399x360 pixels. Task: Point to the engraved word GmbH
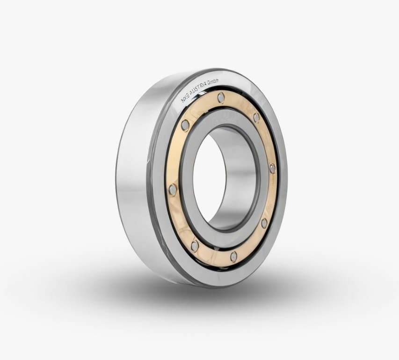(213, 84)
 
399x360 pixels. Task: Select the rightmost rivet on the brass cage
(272, 168)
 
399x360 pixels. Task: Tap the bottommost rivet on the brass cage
(233, 256)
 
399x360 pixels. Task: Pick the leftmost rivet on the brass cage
(173, 190)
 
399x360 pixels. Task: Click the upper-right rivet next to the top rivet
(256, 118)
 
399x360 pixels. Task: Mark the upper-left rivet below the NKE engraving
(185, 125)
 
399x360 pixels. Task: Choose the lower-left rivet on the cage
(195, 245)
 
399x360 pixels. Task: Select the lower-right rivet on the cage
(264, 223)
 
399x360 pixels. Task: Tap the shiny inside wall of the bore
(234, 178)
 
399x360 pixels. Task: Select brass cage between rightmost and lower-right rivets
(270, 197)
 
